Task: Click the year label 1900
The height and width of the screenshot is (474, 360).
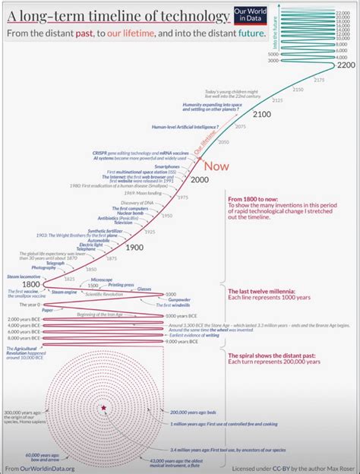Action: [x=134, y=247]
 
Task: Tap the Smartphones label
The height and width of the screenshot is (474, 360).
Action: [x=167, y=166]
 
